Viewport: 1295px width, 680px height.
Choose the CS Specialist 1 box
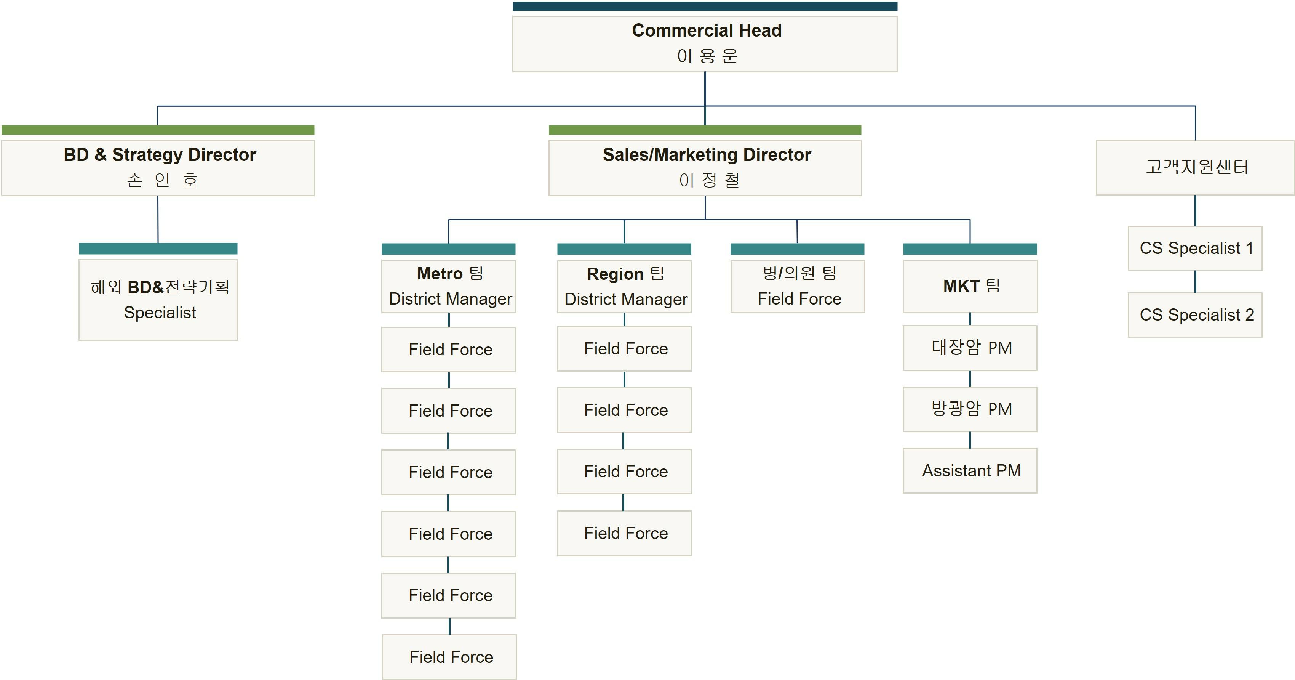1195,248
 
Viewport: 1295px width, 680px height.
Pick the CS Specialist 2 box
1195,315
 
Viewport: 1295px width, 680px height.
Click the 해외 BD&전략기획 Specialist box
158,300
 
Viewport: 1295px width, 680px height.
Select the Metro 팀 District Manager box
448,286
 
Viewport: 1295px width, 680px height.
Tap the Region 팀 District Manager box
624,286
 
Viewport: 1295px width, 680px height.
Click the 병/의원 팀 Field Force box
797,286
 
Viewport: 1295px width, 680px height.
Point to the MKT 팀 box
970,286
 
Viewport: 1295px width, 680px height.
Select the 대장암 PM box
970,348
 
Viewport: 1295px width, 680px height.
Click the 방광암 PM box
970,409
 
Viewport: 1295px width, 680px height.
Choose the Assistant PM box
970,470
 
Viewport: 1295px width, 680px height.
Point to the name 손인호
162,180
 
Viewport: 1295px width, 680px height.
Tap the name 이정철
709,180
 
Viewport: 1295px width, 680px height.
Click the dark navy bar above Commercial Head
705,6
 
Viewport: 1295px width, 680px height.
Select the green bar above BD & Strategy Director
158,130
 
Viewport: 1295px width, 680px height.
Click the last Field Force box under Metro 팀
449,657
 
